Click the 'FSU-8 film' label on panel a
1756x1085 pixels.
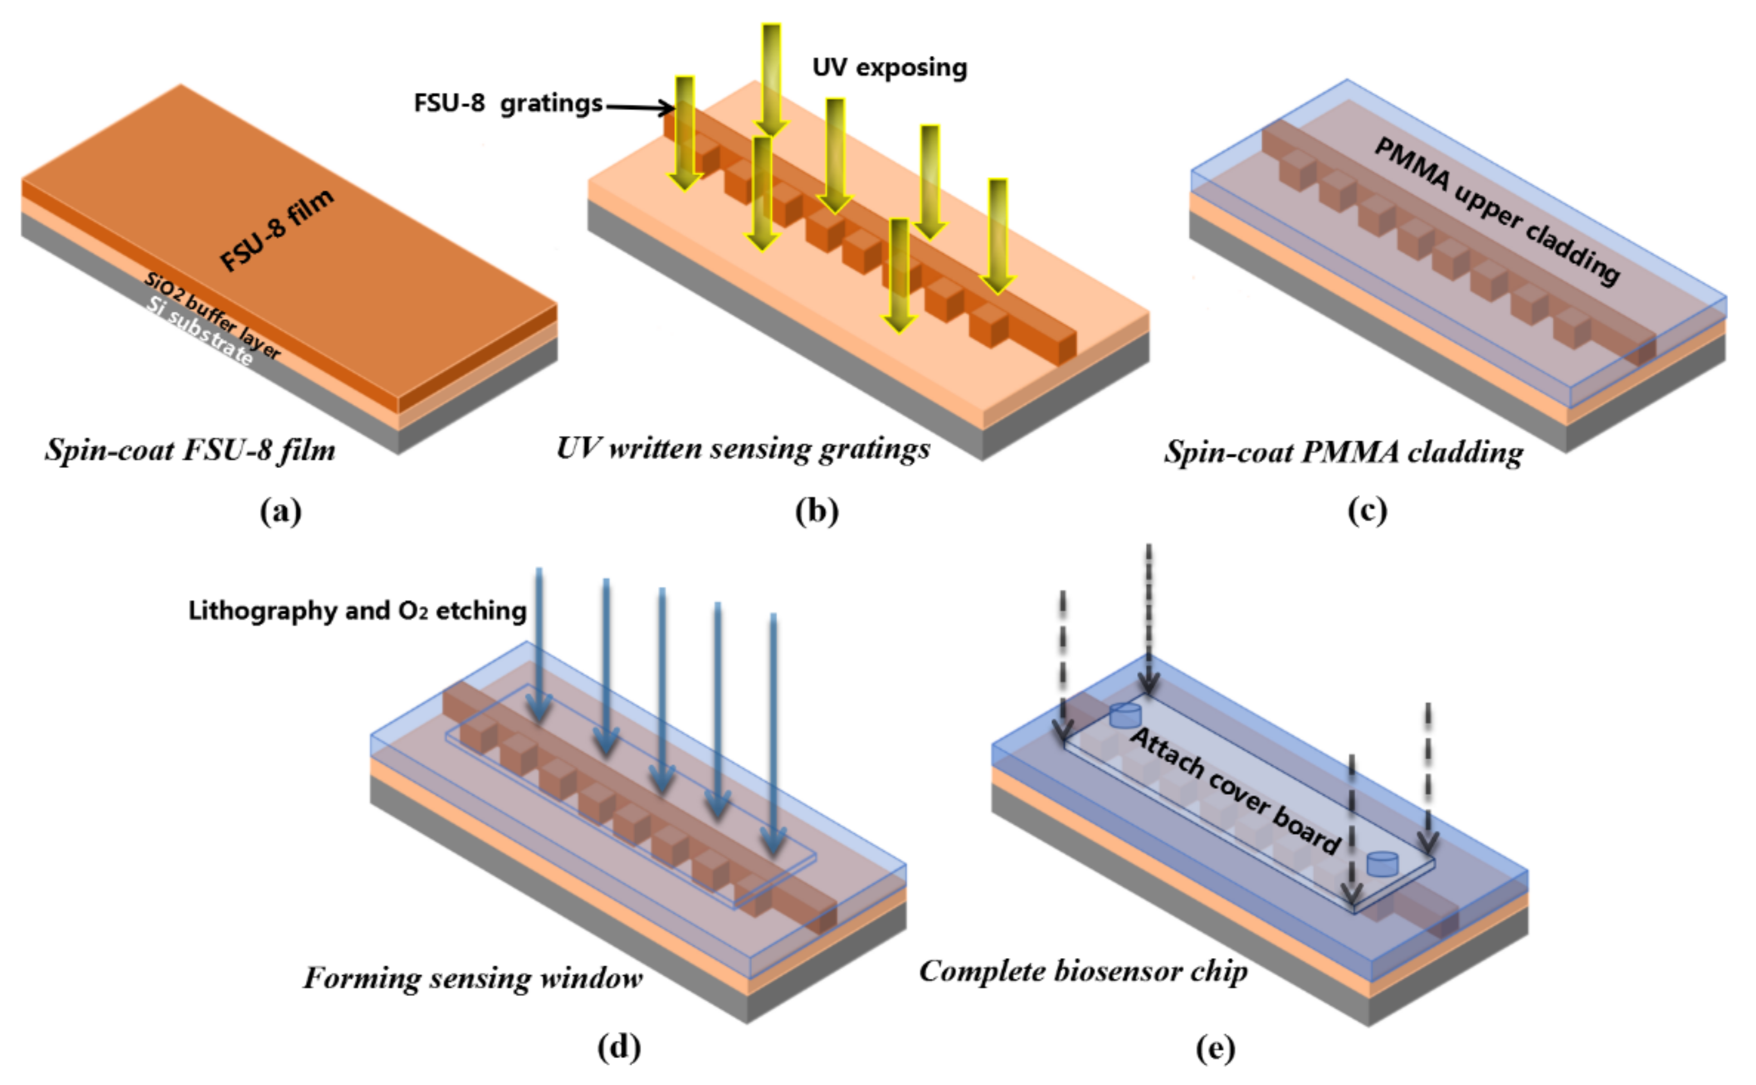pos(277,231)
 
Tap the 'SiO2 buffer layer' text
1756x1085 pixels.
pos(212,316)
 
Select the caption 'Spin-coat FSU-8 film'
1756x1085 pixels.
pos(190,451)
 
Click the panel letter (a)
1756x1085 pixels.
pos(281,512)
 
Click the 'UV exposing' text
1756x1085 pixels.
pos(889,67)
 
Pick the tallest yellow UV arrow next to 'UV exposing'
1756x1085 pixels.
pos(772,79)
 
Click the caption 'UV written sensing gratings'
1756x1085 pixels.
pos(743,448)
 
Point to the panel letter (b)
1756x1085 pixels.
pos(817,512)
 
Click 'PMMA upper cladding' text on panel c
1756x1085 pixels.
pos(1496,212)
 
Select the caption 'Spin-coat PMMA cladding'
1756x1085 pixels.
pos(1343,452)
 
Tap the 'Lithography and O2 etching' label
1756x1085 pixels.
pos(357,610)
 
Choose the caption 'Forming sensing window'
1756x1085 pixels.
pos(472,978)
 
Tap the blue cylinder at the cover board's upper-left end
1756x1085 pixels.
pos(1124,715)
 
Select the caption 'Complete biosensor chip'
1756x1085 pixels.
pos(1083,971)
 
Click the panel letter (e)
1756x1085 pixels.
pos(1215,1048)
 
